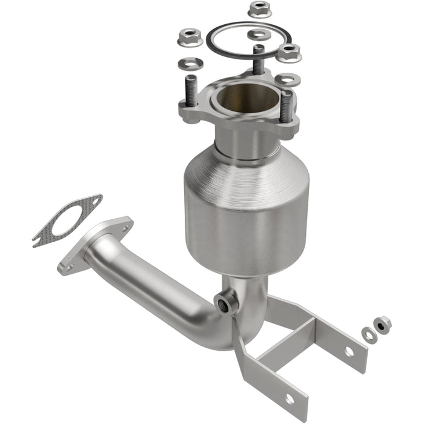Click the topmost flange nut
tap(259, 9)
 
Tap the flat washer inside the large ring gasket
tap(259, 35)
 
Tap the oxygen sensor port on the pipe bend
tap(226, 301)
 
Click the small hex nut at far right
tap(382, 325)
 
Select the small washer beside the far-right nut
tap(368, 334)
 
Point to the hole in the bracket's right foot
tap(349, 351)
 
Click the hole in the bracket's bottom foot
tap(288, 398)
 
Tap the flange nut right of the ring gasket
tap(289, 53)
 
